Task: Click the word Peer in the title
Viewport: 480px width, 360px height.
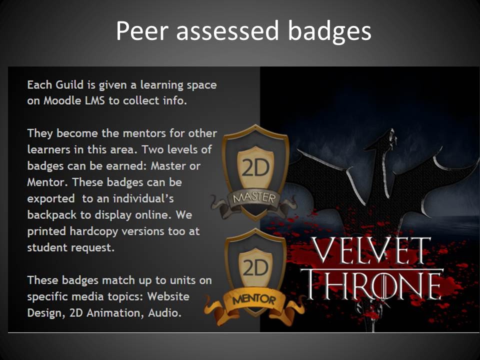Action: (142, 30)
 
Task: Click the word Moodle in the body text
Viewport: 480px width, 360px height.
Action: (62, 100)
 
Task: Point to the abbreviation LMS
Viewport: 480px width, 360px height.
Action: (95, 100)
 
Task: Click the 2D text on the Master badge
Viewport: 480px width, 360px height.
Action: (255, 167)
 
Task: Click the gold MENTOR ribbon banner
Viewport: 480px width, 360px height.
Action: (254, 303)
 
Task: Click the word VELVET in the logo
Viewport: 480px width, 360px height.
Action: (370, 250)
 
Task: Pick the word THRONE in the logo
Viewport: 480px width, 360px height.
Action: (372, 284)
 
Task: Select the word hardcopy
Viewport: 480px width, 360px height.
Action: (93, 231)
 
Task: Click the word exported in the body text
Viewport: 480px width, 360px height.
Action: (51, 199)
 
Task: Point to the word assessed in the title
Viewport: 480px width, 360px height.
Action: (228, 31)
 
